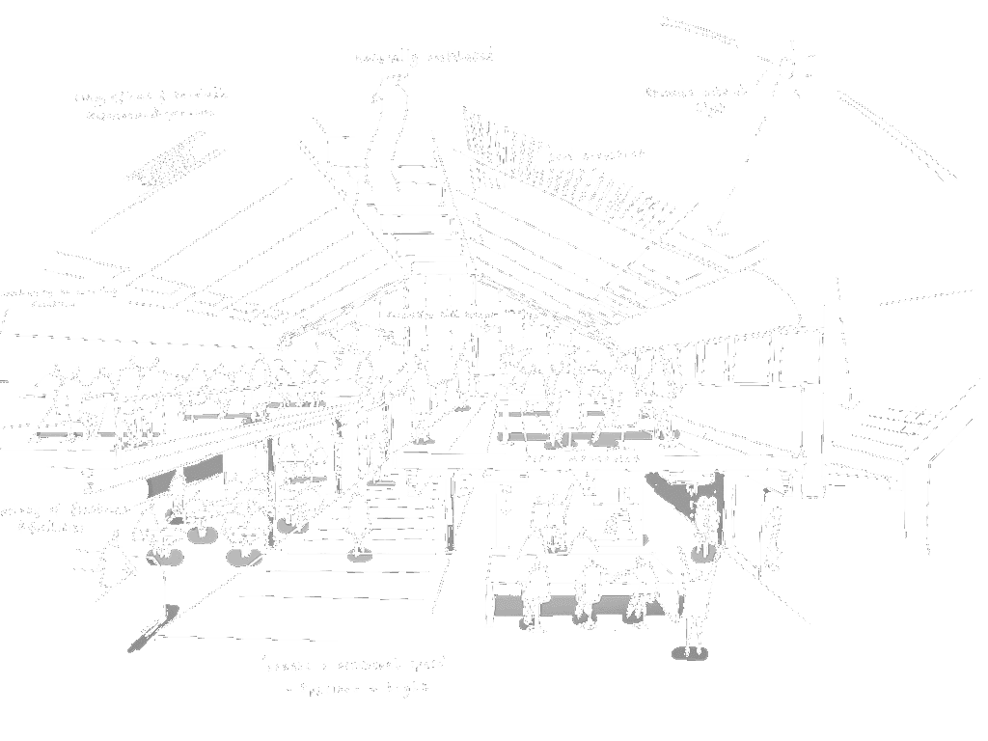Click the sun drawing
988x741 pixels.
click(x=786, y=69)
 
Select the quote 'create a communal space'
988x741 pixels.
click(x=357, y=666)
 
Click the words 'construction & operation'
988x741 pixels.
click(x=150, y=114)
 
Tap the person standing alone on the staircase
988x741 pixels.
click(x=359, y=521)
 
